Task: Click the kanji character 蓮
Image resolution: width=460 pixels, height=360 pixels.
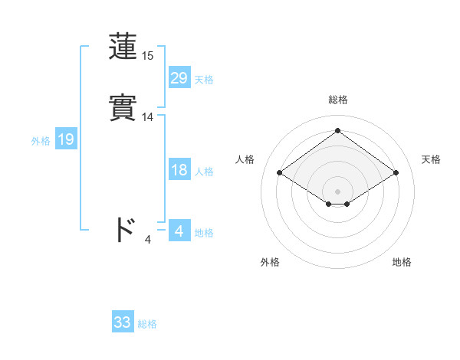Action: pos(123,48)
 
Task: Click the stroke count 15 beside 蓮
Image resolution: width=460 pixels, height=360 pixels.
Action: pos(148,56)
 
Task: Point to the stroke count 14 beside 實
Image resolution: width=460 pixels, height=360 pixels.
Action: pos(148,117)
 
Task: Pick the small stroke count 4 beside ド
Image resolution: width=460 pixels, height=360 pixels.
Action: pos(148,240)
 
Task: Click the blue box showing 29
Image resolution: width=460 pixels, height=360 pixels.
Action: pos(179,78)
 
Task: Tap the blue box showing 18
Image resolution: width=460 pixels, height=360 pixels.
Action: pos(179,170)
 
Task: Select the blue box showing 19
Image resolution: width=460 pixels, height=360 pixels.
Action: pos(65,139)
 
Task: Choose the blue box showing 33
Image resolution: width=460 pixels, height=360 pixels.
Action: pos(122,322)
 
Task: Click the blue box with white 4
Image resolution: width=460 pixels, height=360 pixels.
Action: pos(179,231)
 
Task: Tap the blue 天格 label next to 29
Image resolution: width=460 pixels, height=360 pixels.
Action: pos(204,80)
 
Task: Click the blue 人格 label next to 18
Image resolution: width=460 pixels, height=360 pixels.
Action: pos(204,172)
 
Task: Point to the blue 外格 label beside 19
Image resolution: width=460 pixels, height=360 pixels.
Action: pos(41,141)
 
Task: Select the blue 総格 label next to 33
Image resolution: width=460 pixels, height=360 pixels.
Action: pos(147,324)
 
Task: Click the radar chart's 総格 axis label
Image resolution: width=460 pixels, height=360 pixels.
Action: pos(338,100)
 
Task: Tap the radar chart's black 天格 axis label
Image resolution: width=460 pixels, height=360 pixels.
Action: pos(431,159)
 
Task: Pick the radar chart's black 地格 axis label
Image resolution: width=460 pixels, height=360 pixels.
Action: pos(402,262)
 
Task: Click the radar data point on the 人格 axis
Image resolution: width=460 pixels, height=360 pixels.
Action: pos(280,173)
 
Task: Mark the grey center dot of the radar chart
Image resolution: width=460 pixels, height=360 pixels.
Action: pos(338,190)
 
